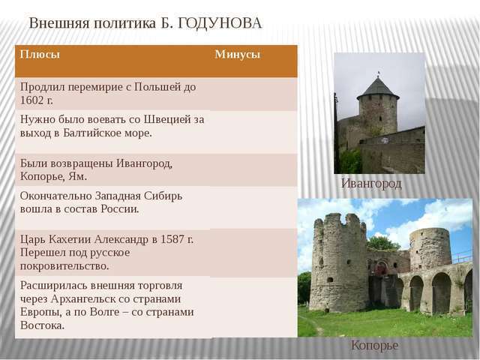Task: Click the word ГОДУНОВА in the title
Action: (x=220, y=23)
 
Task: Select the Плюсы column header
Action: (x=40, y=54)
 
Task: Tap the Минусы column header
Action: (x=238, y=54)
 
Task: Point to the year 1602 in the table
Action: (x=31, y=100)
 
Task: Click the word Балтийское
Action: (x=88, y=133)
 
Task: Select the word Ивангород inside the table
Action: (x=144, y=163)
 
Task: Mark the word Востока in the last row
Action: (x=43, y=325)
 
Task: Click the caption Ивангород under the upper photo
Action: (x=371, y=183)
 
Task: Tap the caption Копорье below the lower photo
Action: (x=375, y=345)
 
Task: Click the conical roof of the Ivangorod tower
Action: (x=378, y=88)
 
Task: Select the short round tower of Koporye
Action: (x=430, y=249)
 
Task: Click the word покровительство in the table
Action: (x=64, y=266)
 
